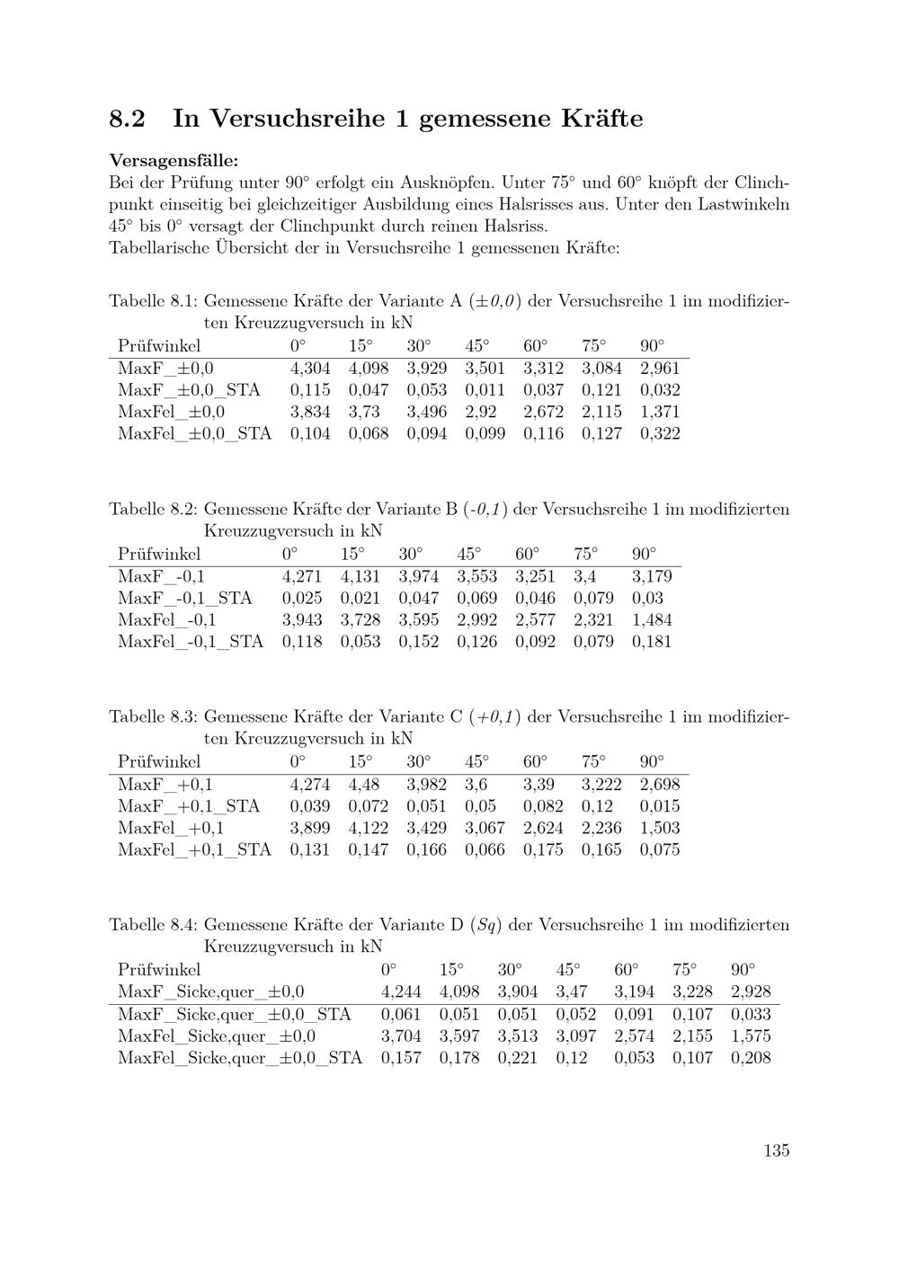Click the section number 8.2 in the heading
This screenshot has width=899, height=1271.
(127, 119)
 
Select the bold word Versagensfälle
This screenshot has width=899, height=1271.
(174, 161)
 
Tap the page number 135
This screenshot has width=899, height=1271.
(777, 1151)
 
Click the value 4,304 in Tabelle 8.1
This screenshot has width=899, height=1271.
(310, 368)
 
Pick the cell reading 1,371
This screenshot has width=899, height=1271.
(660, 412)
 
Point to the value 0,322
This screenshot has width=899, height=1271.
(660, 433)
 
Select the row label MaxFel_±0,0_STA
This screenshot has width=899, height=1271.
(194, 433)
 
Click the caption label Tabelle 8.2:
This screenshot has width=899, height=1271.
(152, 509)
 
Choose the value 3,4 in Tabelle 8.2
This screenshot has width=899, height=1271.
(585, 576)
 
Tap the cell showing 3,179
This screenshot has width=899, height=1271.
(652, 576)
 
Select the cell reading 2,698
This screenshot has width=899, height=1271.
(660, 784)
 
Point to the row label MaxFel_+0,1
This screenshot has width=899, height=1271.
(171, 828)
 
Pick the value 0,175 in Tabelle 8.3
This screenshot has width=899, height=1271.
(543, 849)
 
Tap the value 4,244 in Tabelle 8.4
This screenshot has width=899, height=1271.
(401, 992)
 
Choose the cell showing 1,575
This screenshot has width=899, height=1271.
(751, 1035)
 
